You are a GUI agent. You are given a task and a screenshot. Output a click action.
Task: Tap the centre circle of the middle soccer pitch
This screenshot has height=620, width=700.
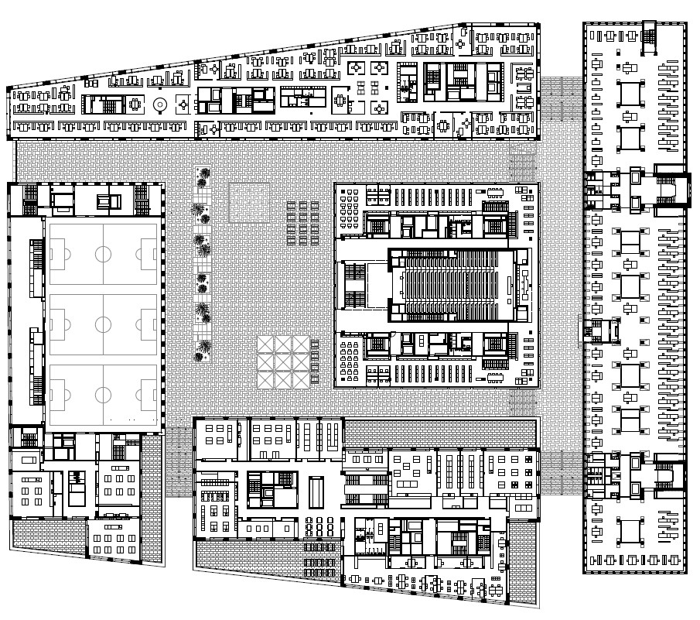pyautogui.click(x=103, y=323)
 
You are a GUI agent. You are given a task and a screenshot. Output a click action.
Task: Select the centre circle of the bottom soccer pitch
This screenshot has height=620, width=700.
pyautogui.click(x=103, y=394)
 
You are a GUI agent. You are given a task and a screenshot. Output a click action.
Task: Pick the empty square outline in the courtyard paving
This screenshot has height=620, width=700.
pyautogui.click(x=249, y=202)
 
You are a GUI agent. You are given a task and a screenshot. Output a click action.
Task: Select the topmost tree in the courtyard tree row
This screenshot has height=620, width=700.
pyautogui.click(x=203, y=176)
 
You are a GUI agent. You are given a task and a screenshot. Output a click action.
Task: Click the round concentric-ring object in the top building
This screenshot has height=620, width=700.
pyautogui.click(x=160, y=104)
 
